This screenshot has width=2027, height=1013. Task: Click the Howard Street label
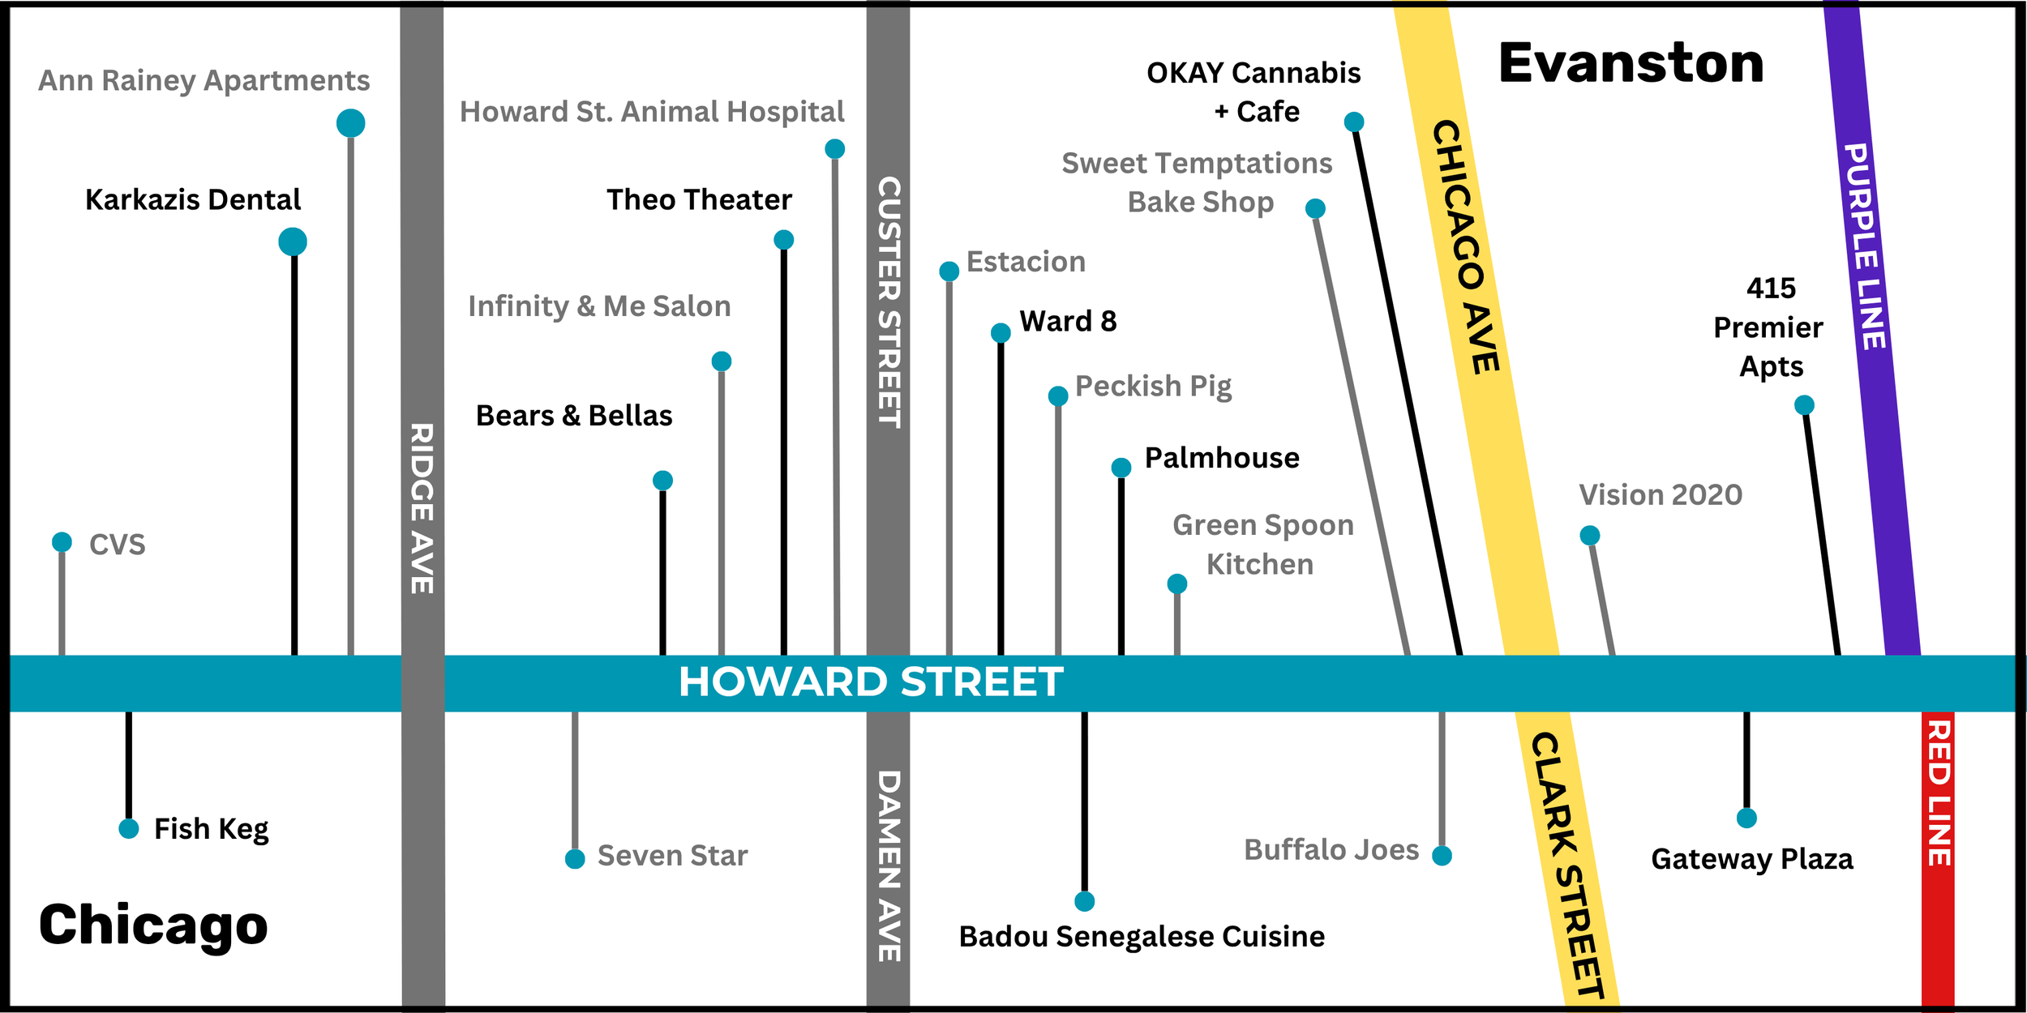(871, 682)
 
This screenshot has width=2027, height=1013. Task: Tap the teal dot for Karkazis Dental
(293, 241)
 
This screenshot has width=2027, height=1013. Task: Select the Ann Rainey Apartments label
(204, 80)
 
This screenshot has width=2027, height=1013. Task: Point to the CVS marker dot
(62, 541)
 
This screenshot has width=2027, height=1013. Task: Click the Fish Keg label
(211, 829)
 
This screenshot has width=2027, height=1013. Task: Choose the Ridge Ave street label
(422, 508)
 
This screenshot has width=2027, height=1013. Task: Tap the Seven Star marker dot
(575, 859)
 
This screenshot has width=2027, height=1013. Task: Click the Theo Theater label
(699, 199)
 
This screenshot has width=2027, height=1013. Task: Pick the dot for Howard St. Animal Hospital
(834, 149)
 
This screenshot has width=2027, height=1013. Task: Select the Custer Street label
(889, 301)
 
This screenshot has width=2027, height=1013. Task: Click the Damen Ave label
(889, 866)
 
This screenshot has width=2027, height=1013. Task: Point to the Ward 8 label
(1068, 321)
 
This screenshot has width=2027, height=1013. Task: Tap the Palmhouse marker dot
(1121, 468)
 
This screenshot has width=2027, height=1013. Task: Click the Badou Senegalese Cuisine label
(1142, 937)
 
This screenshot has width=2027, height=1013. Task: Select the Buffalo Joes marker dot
(1442, 856)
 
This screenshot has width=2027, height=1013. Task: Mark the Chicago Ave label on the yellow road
(1466, 247)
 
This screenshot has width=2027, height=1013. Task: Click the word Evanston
(1631, 63)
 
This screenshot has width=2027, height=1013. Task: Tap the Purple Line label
(1865, 246)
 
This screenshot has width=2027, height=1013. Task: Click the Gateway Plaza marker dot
(1746, 819)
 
